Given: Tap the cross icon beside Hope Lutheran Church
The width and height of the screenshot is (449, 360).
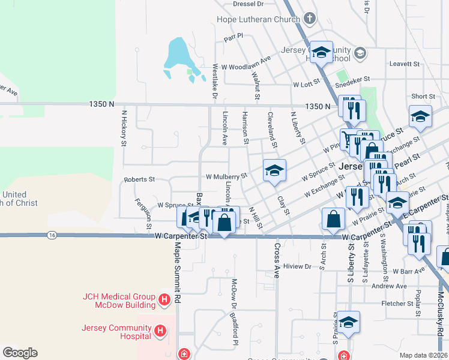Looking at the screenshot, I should coord(310,18).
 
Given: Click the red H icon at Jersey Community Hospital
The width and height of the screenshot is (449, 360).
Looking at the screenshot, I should coord(160,331).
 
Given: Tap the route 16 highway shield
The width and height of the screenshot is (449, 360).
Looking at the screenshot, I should coord(53,235).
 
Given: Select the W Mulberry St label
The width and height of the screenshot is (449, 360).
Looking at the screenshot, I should coord(226,176).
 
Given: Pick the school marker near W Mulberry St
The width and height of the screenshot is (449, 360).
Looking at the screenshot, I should coord(274,171).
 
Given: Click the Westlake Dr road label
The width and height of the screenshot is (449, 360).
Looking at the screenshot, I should coord(215,82).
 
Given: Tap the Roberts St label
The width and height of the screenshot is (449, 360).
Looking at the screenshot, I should coord(139,179).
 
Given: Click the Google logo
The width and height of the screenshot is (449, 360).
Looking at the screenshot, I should coord(20,353).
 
